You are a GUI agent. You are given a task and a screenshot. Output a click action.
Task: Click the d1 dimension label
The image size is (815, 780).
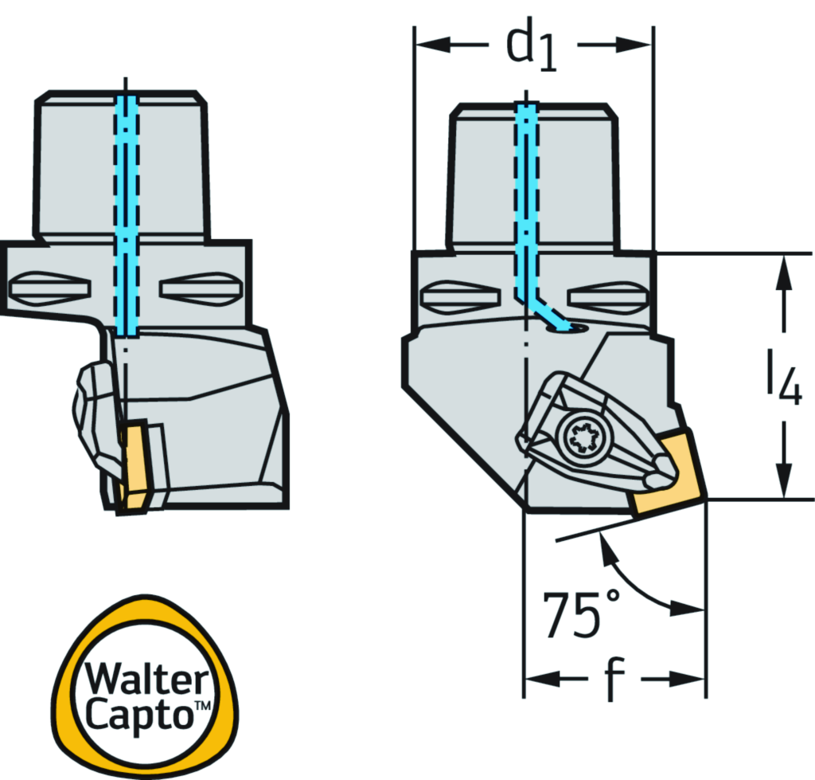tap(531, 45)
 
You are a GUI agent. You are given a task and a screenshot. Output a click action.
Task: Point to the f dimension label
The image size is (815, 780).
tap(614, 679)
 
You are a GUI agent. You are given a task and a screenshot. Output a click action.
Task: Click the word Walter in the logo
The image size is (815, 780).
tap(146, 678)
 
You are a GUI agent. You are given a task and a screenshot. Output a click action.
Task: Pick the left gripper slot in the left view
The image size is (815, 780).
tap(50, 288)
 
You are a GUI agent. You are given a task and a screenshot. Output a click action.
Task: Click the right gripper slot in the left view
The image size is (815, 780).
tap(200, 288)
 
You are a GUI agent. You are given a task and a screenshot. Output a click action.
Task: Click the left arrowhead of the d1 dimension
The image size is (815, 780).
tap(433, 45)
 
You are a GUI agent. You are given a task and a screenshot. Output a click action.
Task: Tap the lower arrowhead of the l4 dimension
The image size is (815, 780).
tap(784, 480)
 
